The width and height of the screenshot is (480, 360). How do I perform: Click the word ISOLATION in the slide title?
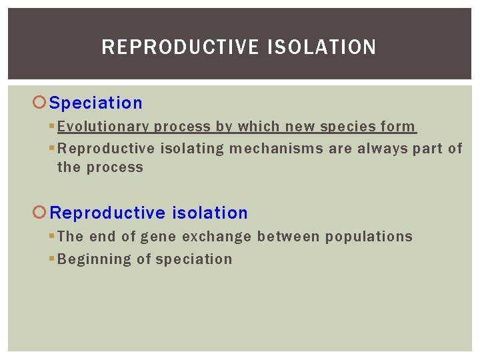click(x=322, y=47)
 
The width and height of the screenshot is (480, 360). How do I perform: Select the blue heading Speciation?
click(x=96, y=103)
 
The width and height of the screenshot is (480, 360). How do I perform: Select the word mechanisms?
click(x=276, y=149)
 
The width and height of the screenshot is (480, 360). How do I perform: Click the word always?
click(x=382, y=149)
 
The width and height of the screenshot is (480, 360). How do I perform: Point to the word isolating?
click(x=192, y=149)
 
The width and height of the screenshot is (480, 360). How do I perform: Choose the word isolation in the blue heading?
click(x=209, y=213)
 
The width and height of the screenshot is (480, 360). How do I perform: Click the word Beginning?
click(x=95, y=259)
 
